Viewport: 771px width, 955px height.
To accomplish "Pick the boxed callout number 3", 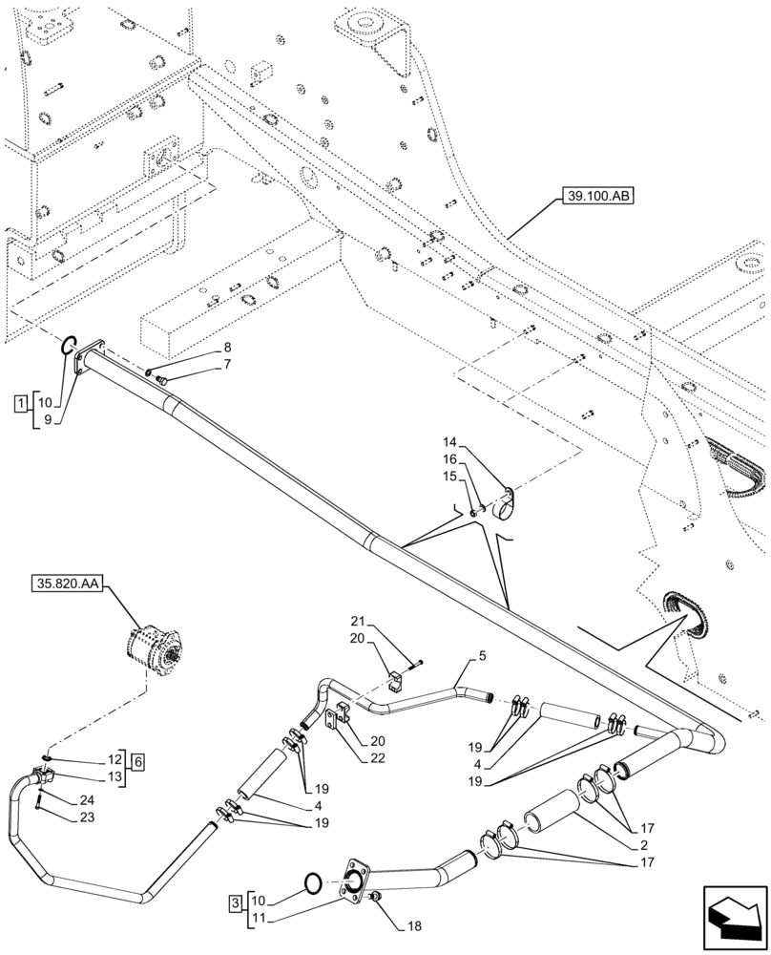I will [x=235, y=901].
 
